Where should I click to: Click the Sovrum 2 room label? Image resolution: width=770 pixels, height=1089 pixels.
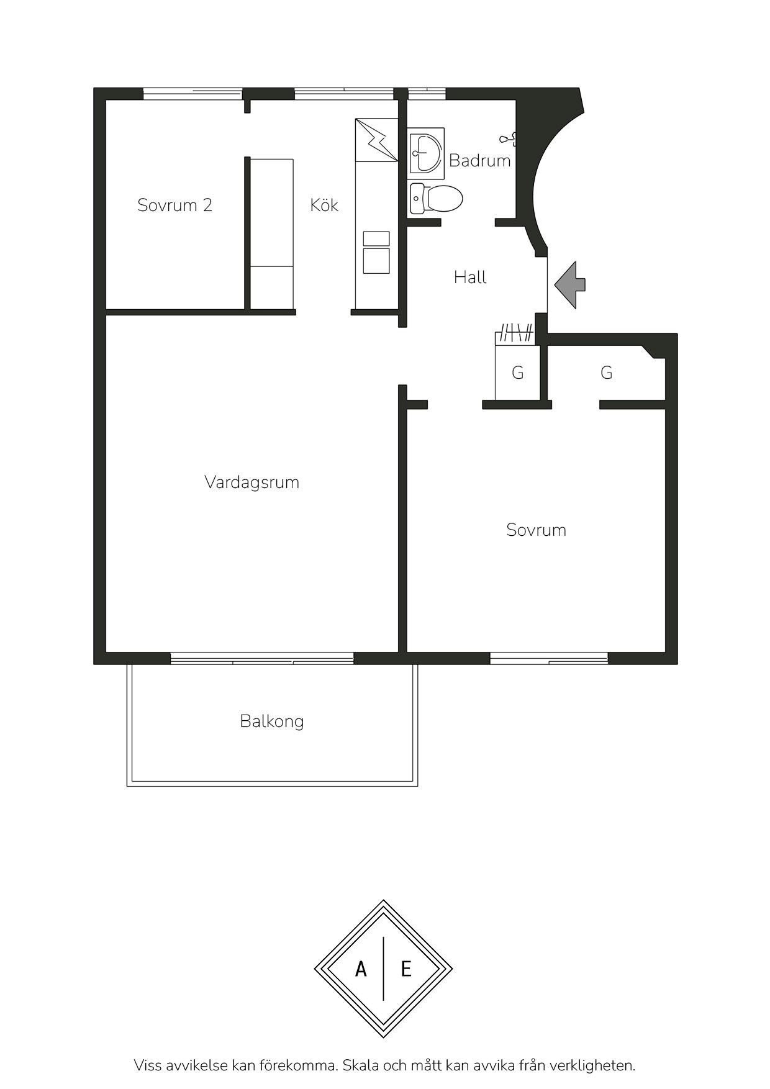tap(174, 206)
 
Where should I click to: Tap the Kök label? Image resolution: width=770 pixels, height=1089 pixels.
tap(324, 205)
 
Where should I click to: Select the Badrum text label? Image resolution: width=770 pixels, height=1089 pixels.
tap(479, 161)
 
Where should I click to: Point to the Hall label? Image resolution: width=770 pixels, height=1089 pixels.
tap(470, 277)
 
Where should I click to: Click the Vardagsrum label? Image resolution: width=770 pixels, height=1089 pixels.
tap(251, 482)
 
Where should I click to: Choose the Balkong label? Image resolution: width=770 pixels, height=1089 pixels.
tap(272, 721)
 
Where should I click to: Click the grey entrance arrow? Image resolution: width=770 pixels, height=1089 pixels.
tap(569, 285)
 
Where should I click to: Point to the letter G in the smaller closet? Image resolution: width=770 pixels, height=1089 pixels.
tap(517, 373)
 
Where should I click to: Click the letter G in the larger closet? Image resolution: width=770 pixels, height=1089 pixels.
tap(607, 373)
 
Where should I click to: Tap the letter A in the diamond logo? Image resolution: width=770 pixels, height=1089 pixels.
tap(361, 969)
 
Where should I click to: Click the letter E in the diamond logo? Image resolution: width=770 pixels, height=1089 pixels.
tap(406, 969)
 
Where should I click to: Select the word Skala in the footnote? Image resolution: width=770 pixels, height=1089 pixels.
tap(363, 1065)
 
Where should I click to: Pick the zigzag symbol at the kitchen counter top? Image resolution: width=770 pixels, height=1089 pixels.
tap(380, 141)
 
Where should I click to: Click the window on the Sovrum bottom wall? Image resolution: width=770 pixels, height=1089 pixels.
tap(549, 658)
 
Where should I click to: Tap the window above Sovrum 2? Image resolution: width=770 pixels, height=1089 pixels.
tap(192, 94)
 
